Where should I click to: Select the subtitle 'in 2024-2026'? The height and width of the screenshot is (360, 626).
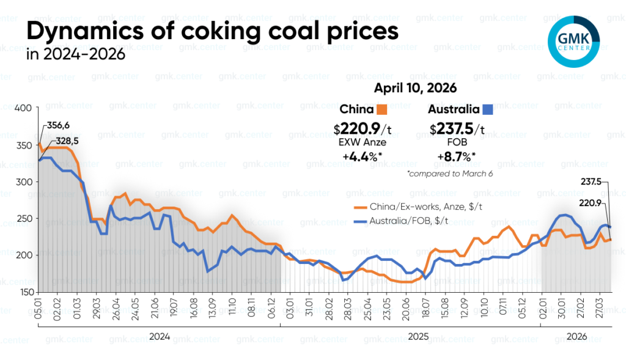[76, 55]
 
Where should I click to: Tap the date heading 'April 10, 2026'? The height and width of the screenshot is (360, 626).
[416, 88]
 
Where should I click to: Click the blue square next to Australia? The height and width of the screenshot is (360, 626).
[488, 110]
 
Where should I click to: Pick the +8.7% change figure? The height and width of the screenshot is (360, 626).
[457, 156]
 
